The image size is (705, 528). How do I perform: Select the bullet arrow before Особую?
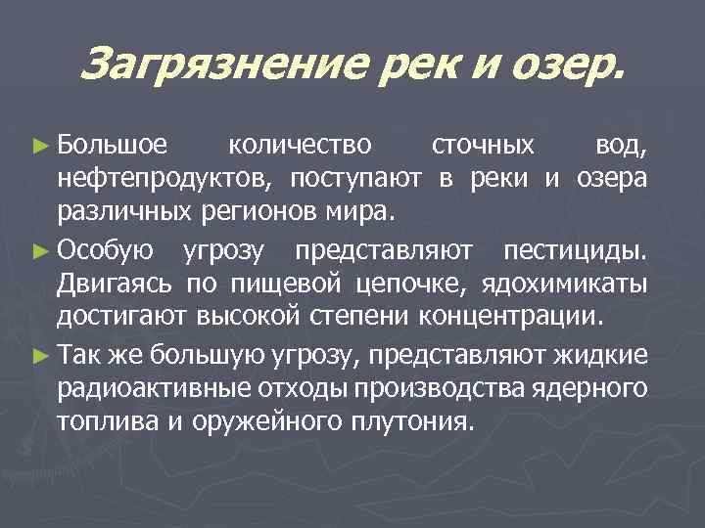(x=41, y=252)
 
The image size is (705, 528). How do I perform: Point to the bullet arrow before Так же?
(x=41, y=357)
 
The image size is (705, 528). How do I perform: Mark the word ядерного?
(x=597, y=389)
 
